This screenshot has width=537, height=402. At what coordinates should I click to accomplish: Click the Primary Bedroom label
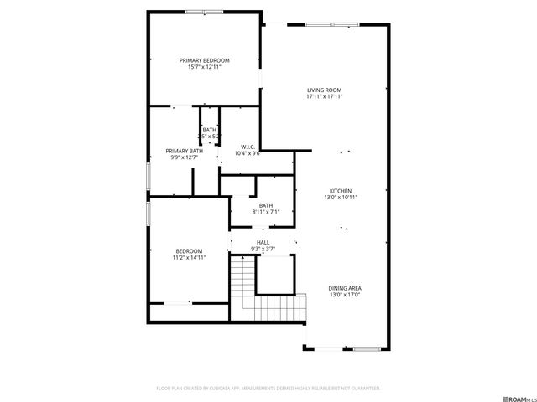(x=204, y=60)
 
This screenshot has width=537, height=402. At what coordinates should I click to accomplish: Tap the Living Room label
(x=324, y=90)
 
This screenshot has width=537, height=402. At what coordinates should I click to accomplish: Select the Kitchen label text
(x=340, y=190)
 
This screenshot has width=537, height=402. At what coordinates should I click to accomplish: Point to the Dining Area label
(x=345, y=288)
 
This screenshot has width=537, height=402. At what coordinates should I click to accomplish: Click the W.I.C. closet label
(x=248, y=146)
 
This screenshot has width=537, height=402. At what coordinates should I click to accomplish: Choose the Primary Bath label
(x=184, y=151)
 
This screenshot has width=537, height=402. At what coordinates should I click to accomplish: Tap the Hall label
(x=263, y=242)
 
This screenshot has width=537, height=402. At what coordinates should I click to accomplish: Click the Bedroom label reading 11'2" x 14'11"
(x=189, y=251)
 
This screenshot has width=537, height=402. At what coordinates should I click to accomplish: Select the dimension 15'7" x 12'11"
(x=204, y=68)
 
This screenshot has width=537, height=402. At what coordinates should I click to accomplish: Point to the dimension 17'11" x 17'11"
(x=324, y=97)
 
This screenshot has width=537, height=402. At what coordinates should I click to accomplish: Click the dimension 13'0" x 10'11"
(x=340, y=198)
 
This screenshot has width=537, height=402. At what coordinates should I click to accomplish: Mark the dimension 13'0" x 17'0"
(x=345, y=296)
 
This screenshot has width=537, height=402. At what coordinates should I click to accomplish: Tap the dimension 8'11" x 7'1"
(x=265, y=213)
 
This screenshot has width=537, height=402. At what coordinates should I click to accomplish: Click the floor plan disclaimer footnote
(x=268, y=389)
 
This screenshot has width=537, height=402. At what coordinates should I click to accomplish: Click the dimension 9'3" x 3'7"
(x=263, y=250)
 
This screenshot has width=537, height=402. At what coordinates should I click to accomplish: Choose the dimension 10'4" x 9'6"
(x=248, y=153)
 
